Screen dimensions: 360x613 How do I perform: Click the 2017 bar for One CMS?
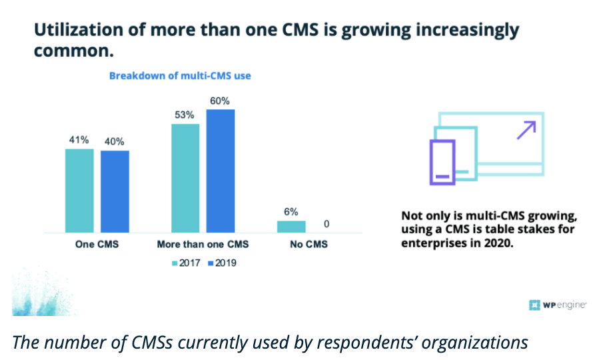click(79, 191)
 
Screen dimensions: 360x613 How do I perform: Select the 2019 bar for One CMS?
click(115, 191)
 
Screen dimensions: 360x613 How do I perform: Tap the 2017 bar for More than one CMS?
click(185, 178)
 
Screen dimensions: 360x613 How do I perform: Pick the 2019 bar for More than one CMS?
click(221, 171)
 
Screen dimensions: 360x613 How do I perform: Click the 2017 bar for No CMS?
click(291, 226)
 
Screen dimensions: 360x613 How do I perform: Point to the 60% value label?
click(221, 101)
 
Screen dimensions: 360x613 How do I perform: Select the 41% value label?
click(79, 141)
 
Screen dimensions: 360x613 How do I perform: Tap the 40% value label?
click(114, 142)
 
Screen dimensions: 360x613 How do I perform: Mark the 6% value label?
click(291, 212)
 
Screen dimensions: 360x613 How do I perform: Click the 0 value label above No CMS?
click(326, 225)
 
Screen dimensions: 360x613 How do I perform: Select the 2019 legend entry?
click(221, 263)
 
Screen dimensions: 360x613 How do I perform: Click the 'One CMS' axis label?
click(97, 245)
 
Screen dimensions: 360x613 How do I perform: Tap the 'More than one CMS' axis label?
click(203, 245)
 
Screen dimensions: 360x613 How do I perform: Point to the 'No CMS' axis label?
click(308, 245)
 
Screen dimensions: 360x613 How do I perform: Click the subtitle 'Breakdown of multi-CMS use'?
click(180, 76)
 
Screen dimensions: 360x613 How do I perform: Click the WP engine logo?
click(558, 305)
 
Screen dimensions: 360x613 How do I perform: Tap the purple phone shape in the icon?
click(442, 162)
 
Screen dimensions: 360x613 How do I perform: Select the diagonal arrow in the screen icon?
click(526, 130)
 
